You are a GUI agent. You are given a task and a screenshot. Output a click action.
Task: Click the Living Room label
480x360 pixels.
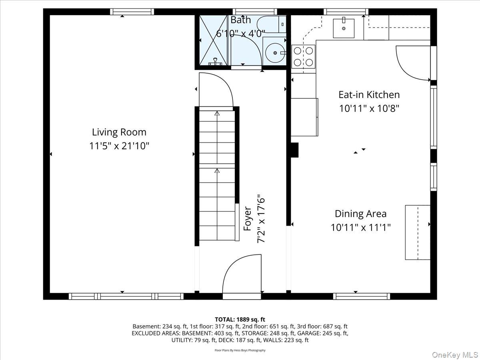click(119, 132)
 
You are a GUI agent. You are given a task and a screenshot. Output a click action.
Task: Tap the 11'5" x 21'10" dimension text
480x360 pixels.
click(119, 146)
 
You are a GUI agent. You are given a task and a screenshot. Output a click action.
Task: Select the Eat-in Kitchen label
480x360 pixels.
click(369, 95)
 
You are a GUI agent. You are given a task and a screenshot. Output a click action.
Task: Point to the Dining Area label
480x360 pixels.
click(360, 214)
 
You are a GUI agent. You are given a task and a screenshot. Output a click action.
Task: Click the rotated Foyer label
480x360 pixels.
click(248, 218)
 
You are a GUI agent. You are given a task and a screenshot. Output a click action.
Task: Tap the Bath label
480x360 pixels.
click(241, 20)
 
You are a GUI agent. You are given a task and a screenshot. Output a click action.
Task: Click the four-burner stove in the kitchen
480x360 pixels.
click(303, 56)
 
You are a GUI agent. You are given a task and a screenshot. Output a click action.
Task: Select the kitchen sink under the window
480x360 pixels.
click(344, 27)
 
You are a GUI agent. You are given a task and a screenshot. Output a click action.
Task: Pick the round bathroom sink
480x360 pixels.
click(274, 52)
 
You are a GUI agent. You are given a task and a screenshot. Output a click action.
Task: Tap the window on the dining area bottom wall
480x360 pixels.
click(361, 296)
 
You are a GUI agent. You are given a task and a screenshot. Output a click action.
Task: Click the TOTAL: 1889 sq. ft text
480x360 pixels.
click(240, 319)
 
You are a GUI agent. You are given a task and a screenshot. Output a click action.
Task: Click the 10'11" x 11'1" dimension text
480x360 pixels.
click(360, 228)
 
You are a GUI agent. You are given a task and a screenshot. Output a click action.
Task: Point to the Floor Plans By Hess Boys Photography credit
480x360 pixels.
click(240, 350)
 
